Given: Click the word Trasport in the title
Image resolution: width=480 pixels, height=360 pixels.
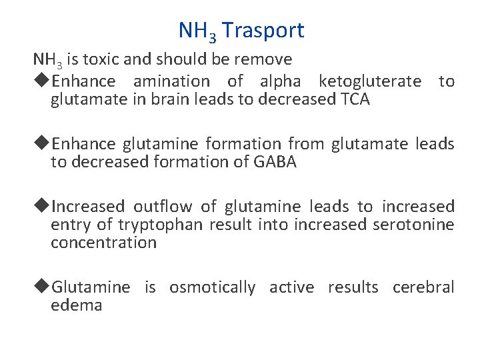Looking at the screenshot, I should point(263,30).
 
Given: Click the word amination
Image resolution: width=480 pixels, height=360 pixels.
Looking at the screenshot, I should point(171,81).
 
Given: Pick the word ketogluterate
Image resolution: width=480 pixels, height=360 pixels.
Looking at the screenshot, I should point(370,81).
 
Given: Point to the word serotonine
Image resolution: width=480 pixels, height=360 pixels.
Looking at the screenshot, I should point(412,225).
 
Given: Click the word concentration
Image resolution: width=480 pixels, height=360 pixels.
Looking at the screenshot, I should point(104,243).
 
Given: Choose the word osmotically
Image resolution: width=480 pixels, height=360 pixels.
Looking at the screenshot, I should point(212,287).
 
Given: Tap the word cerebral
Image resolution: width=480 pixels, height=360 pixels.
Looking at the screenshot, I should point(423,287).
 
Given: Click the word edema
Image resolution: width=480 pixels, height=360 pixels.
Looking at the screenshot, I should point(77,306).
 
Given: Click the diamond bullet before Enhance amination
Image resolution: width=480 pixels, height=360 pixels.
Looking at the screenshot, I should point(41,81).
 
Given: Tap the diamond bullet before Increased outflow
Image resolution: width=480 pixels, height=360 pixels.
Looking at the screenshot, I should point(41,207).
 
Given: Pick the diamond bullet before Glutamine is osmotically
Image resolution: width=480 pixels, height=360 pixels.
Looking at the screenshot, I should point(41,287).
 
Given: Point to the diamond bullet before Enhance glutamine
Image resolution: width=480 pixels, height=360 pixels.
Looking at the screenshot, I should point(41,143).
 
